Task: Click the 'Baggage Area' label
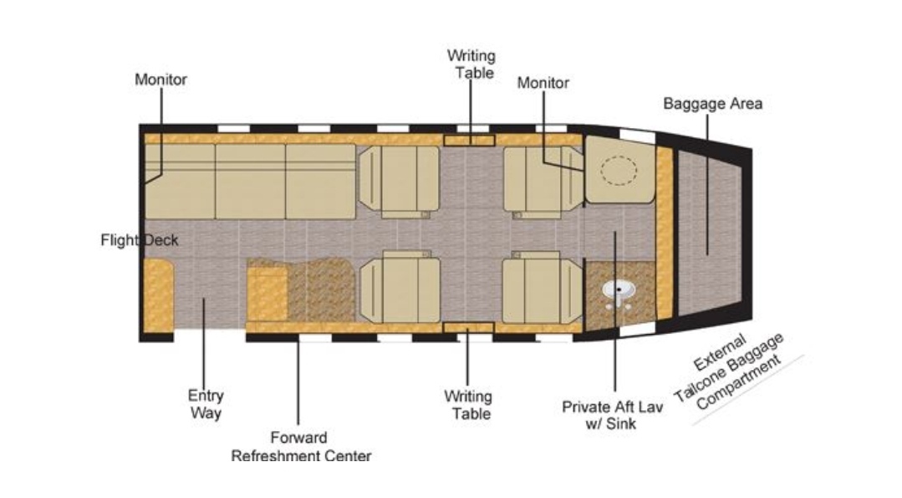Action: click(x=713, y=104)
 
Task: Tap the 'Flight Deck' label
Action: click(x=140, y=240)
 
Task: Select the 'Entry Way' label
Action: click(x=206, y=404)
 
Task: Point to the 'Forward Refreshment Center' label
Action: click(x=301, y=447)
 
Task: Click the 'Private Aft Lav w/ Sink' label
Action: click(x=612, y=415)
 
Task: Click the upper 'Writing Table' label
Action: click(x=471, y=64)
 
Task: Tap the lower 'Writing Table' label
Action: click(x=468, y=405)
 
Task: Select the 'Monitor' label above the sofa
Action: click(x=161, y=80)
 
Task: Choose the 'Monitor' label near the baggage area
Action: click(x=543, y=83)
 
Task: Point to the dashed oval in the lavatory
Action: click(x=619, y=170)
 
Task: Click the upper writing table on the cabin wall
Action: click(x=469, y=140)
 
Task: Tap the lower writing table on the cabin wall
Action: click(x=468, y=328)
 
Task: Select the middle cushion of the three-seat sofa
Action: click(x=250, y=182)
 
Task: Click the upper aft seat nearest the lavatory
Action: click(x=543, y=182)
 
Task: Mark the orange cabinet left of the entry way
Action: click(x=158, y=295)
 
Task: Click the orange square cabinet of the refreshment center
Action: click(x=268, y=294)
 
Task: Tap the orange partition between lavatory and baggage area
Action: click(x=665, y=234)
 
